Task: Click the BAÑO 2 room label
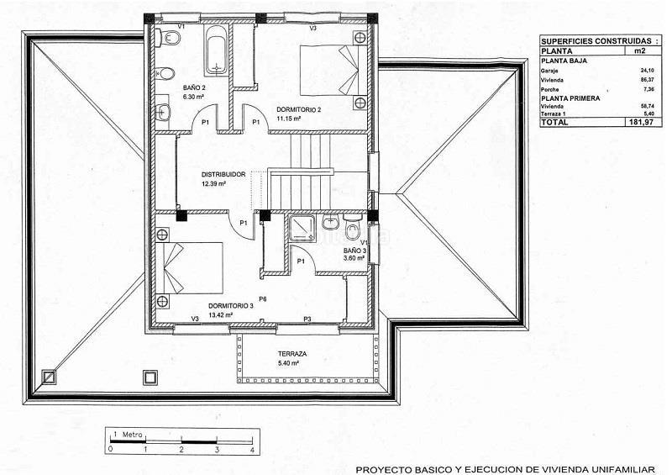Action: coord(194,87)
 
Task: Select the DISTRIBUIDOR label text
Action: coord(223,175)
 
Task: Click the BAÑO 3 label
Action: coord(354,251)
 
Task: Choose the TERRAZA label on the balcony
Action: coord(292,355)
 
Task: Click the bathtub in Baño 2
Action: coord(217,48)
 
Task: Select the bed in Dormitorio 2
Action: coord(333,70)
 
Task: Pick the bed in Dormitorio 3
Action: coord(192,267)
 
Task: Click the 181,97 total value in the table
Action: coord(640,122)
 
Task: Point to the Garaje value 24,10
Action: coord(646,71)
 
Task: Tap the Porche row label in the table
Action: coord(550,88)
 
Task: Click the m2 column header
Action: coord(640,51)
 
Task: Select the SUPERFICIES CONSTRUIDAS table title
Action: coord(596,40)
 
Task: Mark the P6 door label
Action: coord(263,299)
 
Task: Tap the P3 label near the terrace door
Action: coord(307,319)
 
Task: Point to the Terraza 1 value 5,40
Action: coord(648,113)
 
